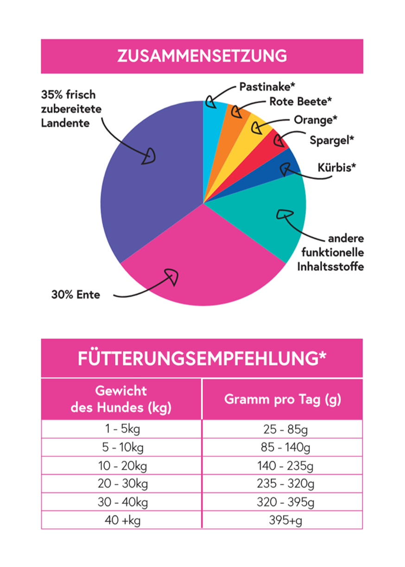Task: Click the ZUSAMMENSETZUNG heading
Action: pos(202,56)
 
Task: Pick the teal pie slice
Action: pos(269,218)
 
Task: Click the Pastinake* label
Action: pos(268,87)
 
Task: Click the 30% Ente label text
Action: pos(76,295)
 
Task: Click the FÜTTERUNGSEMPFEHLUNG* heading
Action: pos(202,359)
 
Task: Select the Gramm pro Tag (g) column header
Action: pos(283,399)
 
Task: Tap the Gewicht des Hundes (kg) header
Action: pos(121,399)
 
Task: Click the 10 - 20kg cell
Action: pos(122,466)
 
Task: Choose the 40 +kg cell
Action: pos(122,520)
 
